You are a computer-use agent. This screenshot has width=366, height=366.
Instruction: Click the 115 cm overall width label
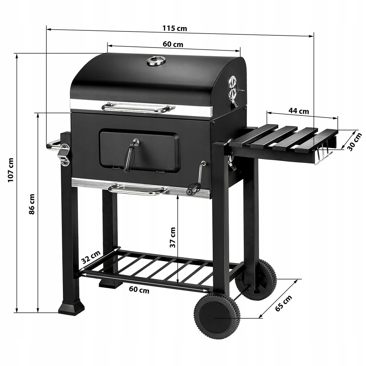(175, 28)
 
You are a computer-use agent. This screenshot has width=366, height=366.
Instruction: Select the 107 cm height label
(10, 170)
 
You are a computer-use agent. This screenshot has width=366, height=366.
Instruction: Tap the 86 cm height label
(32, 204)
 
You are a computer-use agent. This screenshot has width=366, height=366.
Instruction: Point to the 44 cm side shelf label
(299, 111)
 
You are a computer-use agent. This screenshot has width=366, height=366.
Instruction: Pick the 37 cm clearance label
(173, 237)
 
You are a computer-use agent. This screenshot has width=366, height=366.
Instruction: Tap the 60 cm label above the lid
(173, 44)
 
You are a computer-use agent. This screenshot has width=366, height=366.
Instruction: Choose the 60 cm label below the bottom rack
(139, 290)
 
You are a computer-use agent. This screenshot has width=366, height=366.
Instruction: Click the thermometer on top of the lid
(156, 61)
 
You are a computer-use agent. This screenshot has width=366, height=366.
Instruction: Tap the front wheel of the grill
(217, 316)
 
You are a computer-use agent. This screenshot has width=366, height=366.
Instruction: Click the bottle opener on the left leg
(65, 154)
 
